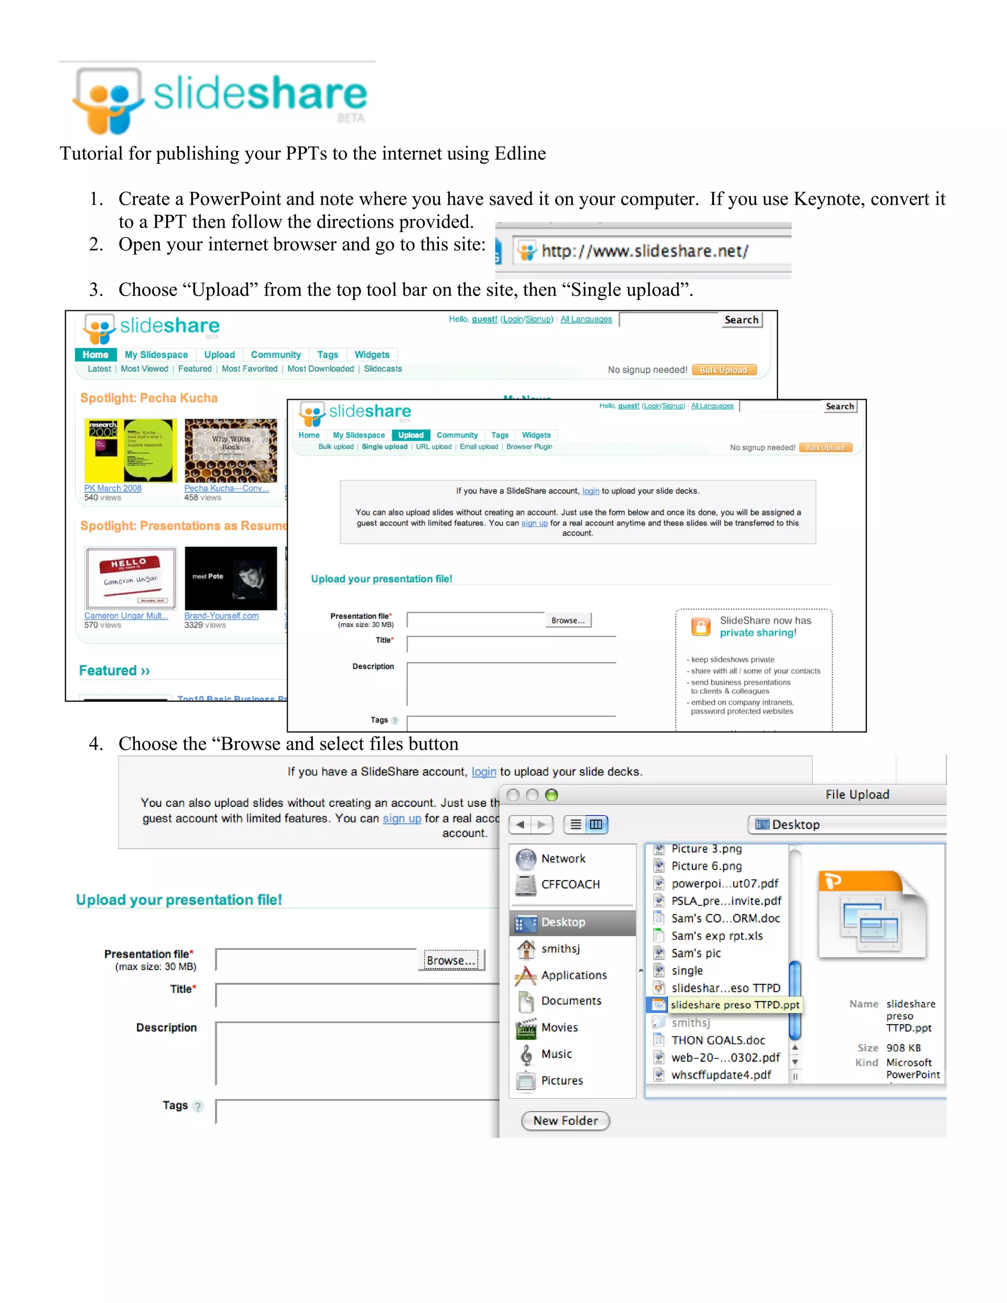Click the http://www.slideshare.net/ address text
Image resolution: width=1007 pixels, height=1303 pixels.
pyautogui.click(x=644, y=251)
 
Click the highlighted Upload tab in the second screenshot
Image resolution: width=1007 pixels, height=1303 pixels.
pyautogui.click(x=411, y=435)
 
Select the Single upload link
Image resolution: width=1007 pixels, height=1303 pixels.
pyautogui.click(x=384, y=447)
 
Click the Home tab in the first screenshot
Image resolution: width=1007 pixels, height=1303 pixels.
pyautogui.click(x=95, y=355)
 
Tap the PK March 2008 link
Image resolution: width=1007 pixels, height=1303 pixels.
pyautogui.click(x=113, y=488)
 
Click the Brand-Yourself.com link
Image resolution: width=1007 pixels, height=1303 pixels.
pyautogui.click(x=221, y=616)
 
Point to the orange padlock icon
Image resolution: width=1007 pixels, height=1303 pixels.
pyautogui.click(x=701, y=626)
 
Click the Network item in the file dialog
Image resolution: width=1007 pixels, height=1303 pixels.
pyautogui.click(x=563, y=859)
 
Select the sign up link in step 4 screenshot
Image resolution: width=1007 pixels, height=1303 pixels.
pyautogui.click(x=402, y=819)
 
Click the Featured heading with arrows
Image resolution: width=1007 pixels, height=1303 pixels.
pyautogui.click(x=114, y=671)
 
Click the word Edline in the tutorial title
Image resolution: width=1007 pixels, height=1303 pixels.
pyautogui.click(x=520, y=153)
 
